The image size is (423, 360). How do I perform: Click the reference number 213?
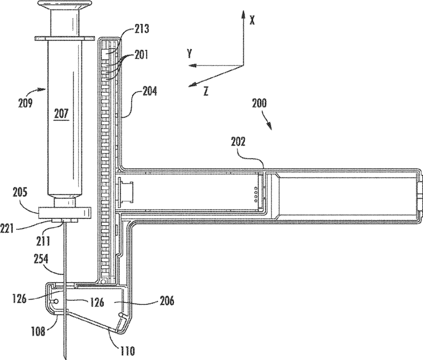click(140, 30)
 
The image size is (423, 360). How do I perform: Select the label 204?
click(149, 93)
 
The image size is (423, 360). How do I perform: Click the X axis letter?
click(252, 20)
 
